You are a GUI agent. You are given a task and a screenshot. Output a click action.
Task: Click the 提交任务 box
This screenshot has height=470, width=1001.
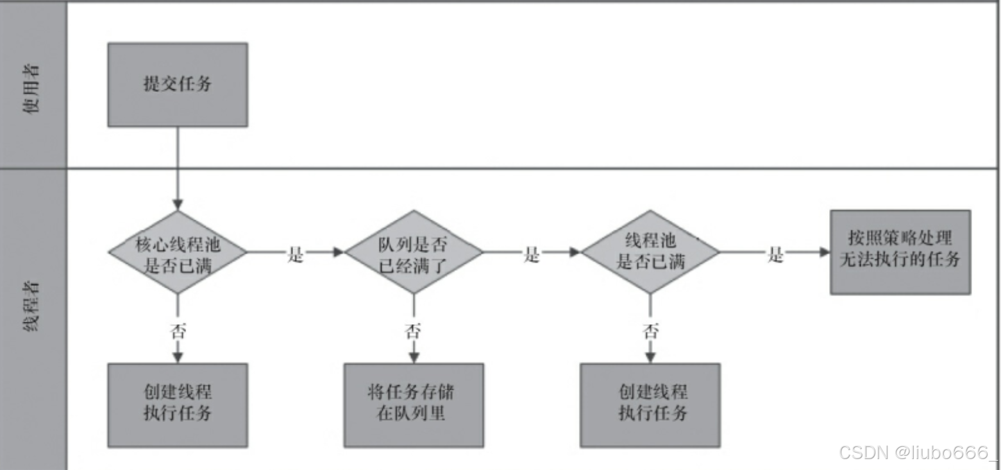[177, 85]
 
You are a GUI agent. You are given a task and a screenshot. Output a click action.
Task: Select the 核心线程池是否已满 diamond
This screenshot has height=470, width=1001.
[177, 252]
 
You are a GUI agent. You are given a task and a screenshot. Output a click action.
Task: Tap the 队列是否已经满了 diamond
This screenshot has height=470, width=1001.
[414, 252]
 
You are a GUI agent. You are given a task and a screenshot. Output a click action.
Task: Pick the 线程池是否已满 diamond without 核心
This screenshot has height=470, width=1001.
[650, 252]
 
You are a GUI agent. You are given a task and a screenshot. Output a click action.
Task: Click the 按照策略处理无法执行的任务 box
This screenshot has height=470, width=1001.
[900, 252]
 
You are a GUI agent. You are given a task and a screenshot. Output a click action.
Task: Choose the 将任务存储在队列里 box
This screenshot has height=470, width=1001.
[414, 405]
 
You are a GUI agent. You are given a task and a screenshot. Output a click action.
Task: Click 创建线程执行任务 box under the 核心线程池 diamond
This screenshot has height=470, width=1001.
[177, 405]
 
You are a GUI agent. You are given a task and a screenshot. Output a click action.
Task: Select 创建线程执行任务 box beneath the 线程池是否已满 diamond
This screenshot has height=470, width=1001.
[650, 405]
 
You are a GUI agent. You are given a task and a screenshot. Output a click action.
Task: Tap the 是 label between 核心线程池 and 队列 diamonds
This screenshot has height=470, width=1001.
[296, 255]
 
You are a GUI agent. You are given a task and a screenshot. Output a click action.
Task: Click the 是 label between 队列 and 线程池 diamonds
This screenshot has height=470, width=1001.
[532, 255]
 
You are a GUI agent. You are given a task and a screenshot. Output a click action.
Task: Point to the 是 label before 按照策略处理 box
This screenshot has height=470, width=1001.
[775, 255]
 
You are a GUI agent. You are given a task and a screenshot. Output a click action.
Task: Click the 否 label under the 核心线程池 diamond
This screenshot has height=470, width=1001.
[178, 332]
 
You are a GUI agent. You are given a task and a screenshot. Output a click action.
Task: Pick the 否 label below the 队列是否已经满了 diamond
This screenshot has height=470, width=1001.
[414, 332]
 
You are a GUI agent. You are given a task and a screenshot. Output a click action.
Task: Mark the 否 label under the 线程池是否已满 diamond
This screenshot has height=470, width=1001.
[650, 332]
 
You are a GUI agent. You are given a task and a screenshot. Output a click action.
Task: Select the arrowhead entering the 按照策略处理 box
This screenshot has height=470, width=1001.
[825, 252]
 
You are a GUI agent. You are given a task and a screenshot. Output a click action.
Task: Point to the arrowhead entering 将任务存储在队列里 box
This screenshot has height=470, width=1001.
[414, 358]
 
